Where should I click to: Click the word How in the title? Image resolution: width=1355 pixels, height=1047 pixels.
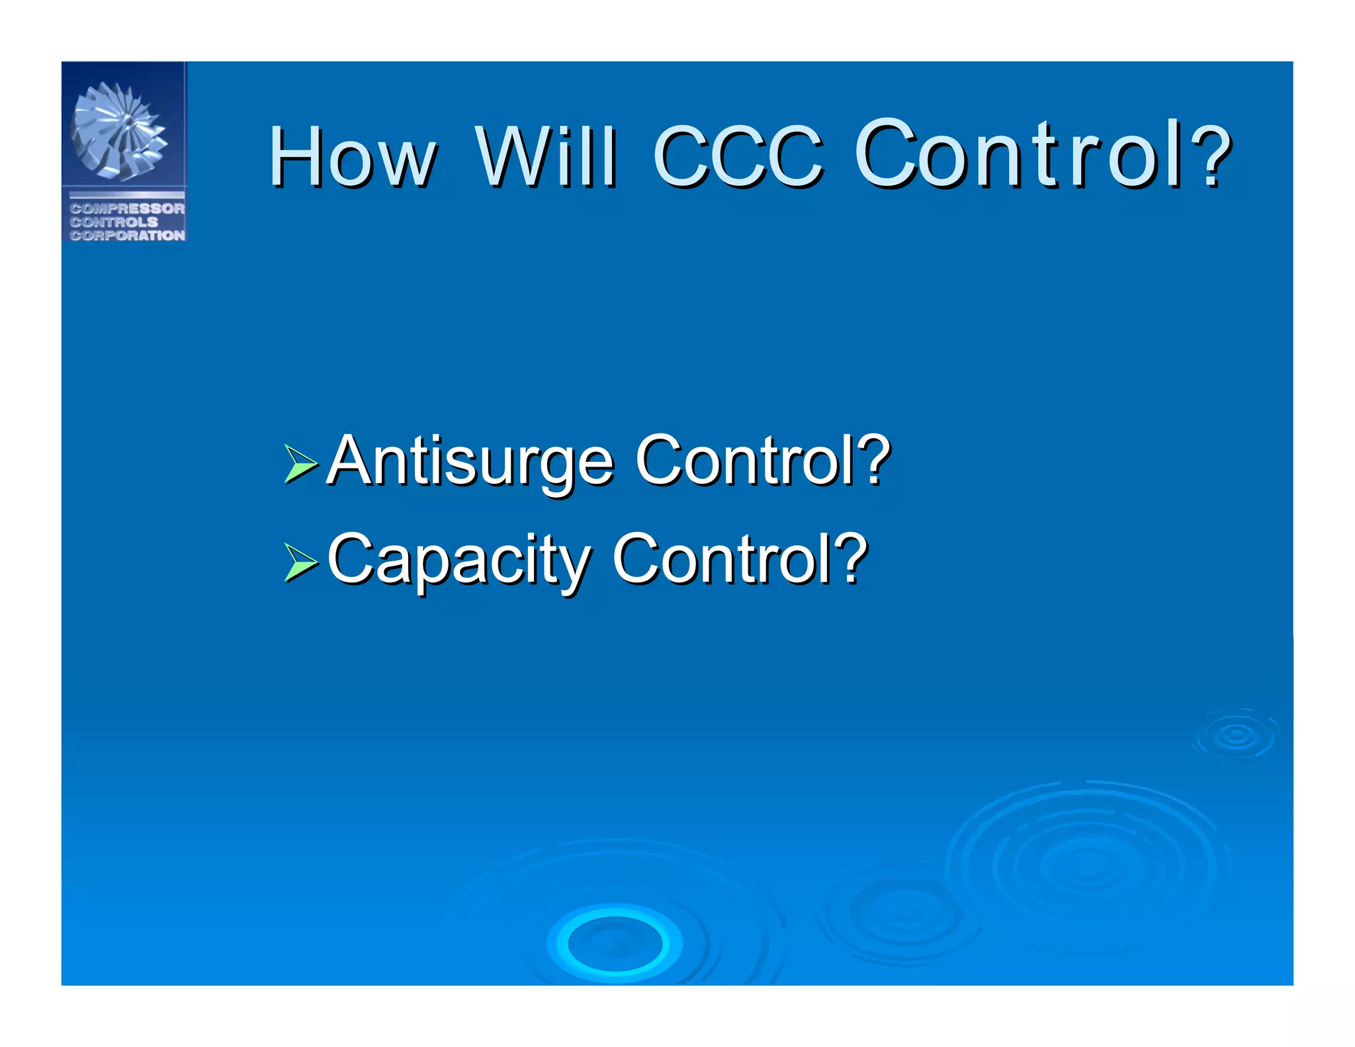(x=352, y=158)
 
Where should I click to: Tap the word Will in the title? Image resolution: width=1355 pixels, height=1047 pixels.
(x=546, y=158)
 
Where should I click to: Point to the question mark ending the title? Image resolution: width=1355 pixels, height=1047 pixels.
(x=1215, y=156)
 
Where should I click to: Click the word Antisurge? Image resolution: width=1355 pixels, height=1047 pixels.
(x=470, y=461)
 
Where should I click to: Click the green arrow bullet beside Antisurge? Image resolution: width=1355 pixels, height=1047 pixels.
(x=300, y=463)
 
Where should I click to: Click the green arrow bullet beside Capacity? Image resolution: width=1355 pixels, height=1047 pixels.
(x=300, y=562)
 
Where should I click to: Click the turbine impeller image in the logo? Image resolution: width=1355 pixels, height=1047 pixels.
(x=119, y=131)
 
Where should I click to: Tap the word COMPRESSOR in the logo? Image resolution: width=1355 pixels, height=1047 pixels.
(x=127, y=208)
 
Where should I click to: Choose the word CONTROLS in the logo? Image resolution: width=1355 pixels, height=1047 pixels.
(x=114, y=222)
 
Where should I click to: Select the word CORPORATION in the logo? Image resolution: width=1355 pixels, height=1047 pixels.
(x=127, y=235)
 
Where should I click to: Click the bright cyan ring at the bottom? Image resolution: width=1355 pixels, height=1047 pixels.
(x=615, y=943)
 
